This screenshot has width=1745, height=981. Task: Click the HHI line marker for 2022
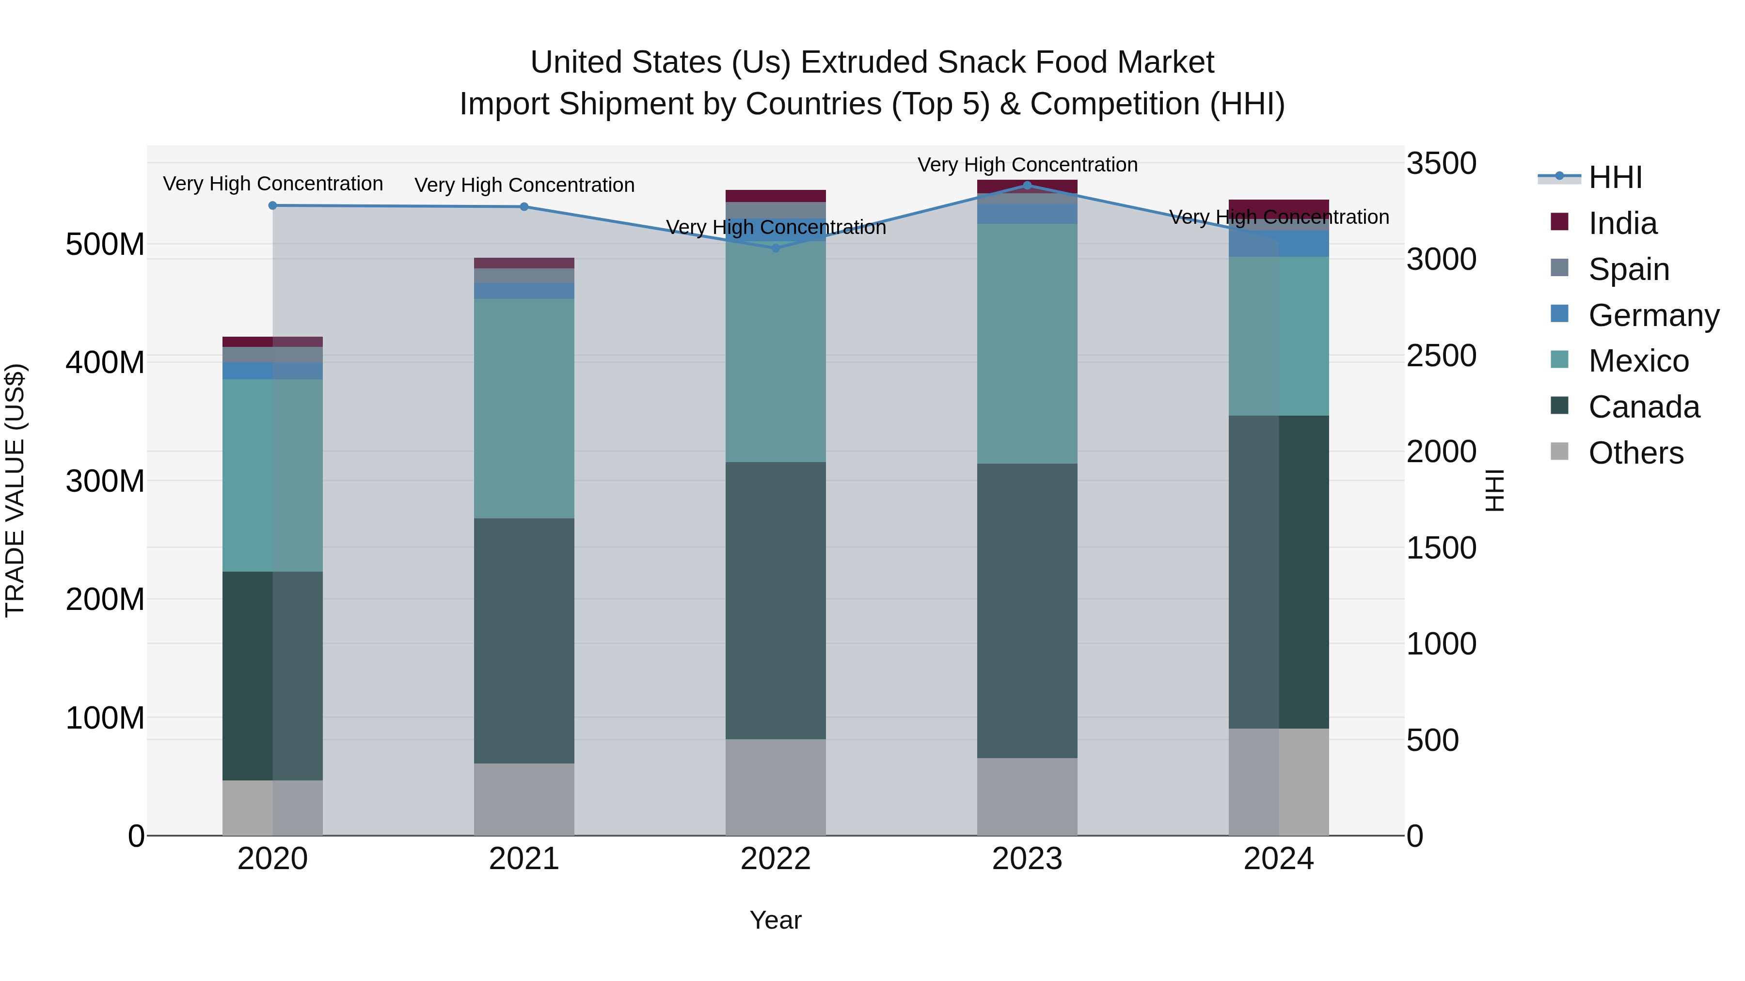pyautogui.click(x=776, y=248)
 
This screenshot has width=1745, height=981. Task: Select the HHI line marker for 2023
pyautogui.click(x=1027, y=185)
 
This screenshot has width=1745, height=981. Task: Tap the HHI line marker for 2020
pyautogui.click(x=272, y=205)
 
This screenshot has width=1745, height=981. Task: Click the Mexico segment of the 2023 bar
pyautogui.click(x=1027, y=343)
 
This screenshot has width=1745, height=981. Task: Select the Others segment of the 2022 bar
pyautogui.click(x=776, y=787)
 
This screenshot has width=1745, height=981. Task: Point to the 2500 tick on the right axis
pyautogui.click(x=1441, y=356)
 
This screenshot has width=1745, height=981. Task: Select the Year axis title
pyautogui.click(x=776, y=920)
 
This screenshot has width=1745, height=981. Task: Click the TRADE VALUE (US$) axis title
pyautogui.click(x=16, y=490)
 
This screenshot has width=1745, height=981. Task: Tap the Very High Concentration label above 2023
pyautogui.click(x=1027, y=165)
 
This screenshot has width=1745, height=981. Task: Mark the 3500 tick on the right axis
pyautogui.click(x=1441, y=164)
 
